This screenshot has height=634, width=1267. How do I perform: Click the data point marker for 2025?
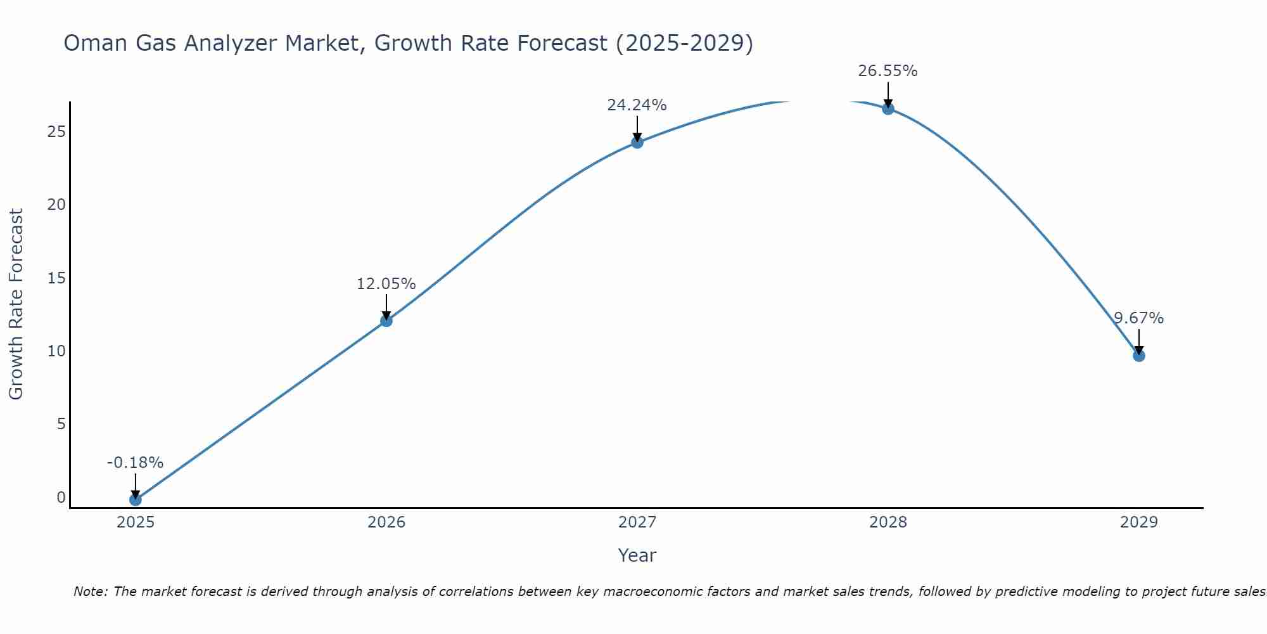(135, 500)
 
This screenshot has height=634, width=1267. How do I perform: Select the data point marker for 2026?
(386, 321)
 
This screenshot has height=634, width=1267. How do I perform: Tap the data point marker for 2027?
(637, 143)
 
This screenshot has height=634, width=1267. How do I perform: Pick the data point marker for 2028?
(888, 108)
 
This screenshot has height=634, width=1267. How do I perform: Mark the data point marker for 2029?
(1139, 356)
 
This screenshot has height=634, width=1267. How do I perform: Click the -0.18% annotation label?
(135, 463)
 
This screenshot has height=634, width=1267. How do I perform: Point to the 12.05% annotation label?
(386, 284)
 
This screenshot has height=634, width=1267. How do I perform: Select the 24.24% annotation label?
(637, 105)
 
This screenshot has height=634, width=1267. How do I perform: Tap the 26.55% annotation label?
(888, 71)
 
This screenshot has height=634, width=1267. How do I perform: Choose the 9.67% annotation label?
(1139, 318)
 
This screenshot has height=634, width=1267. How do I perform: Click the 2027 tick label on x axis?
(637, 522)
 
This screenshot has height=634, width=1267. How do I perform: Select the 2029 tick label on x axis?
(1139, 522)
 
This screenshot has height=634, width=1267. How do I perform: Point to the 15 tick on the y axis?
(56, 278)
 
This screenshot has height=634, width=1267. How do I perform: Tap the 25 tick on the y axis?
(56, 132)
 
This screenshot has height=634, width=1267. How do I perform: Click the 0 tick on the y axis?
(61, 498)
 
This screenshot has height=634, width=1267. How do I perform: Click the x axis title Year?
(637, 555)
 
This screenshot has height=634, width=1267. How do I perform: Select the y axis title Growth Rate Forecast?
(16, 304)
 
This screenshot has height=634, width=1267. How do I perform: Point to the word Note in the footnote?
(91, 592)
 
